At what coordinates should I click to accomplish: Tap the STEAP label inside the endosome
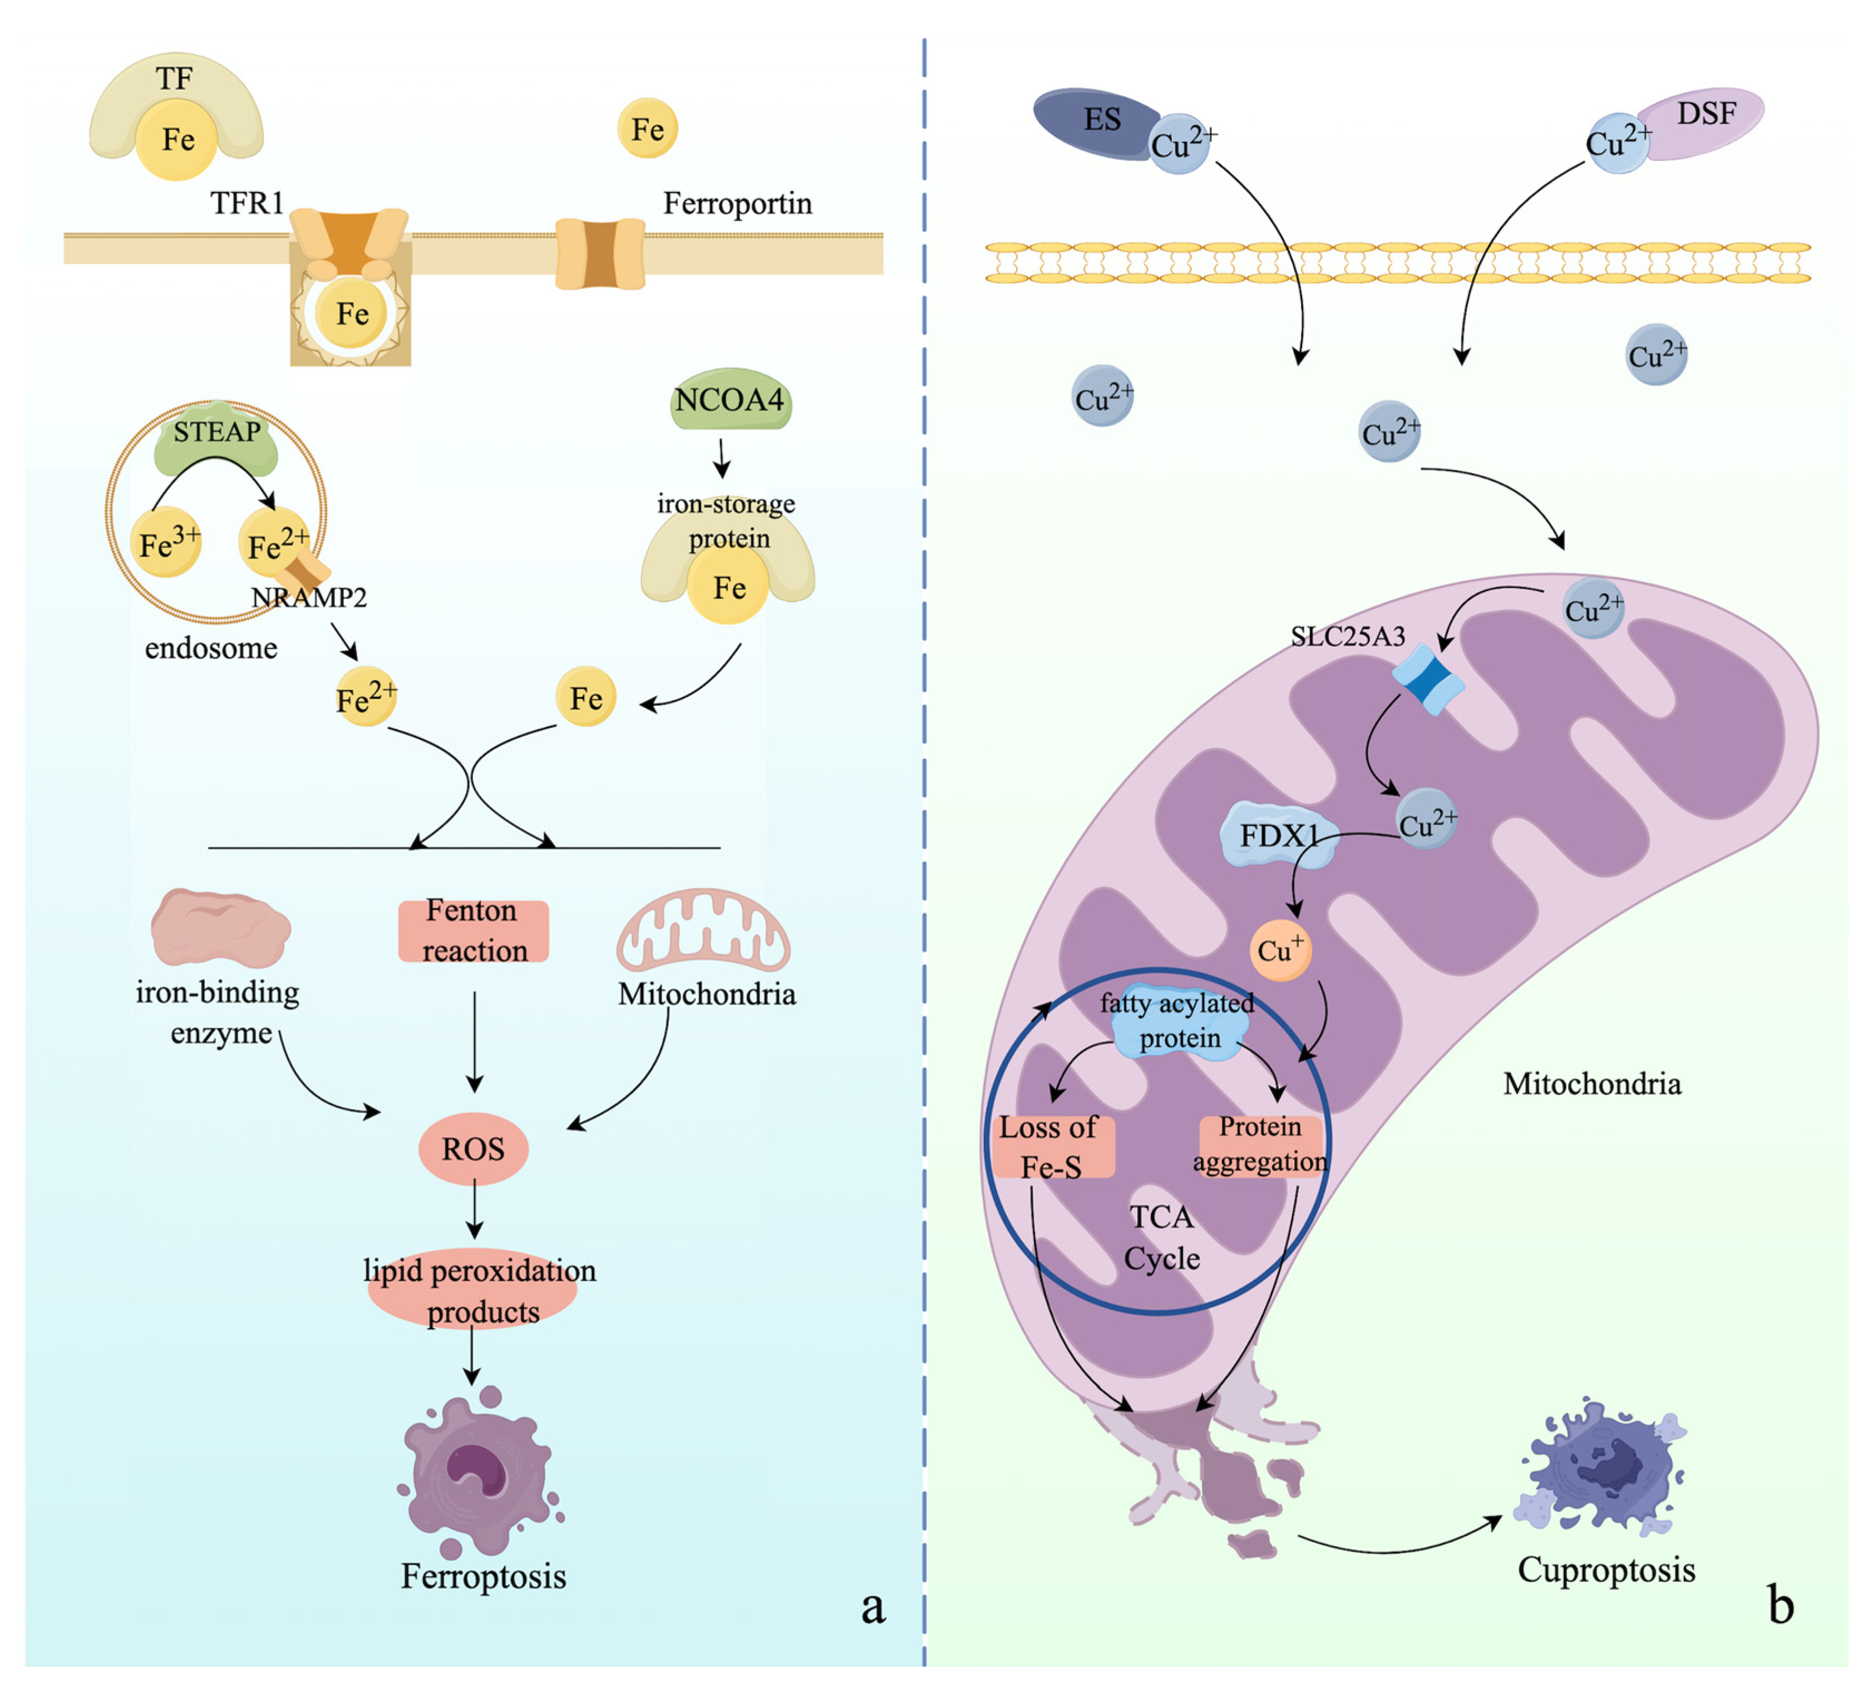[217, 431]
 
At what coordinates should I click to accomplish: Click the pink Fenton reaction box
[473, 931]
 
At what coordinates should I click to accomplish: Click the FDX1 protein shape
[1279, 834]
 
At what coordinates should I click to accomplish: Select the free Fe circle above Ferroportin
[648, 129]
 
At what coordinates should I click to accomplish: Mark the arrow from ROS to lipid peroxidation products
[474, 1211]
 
